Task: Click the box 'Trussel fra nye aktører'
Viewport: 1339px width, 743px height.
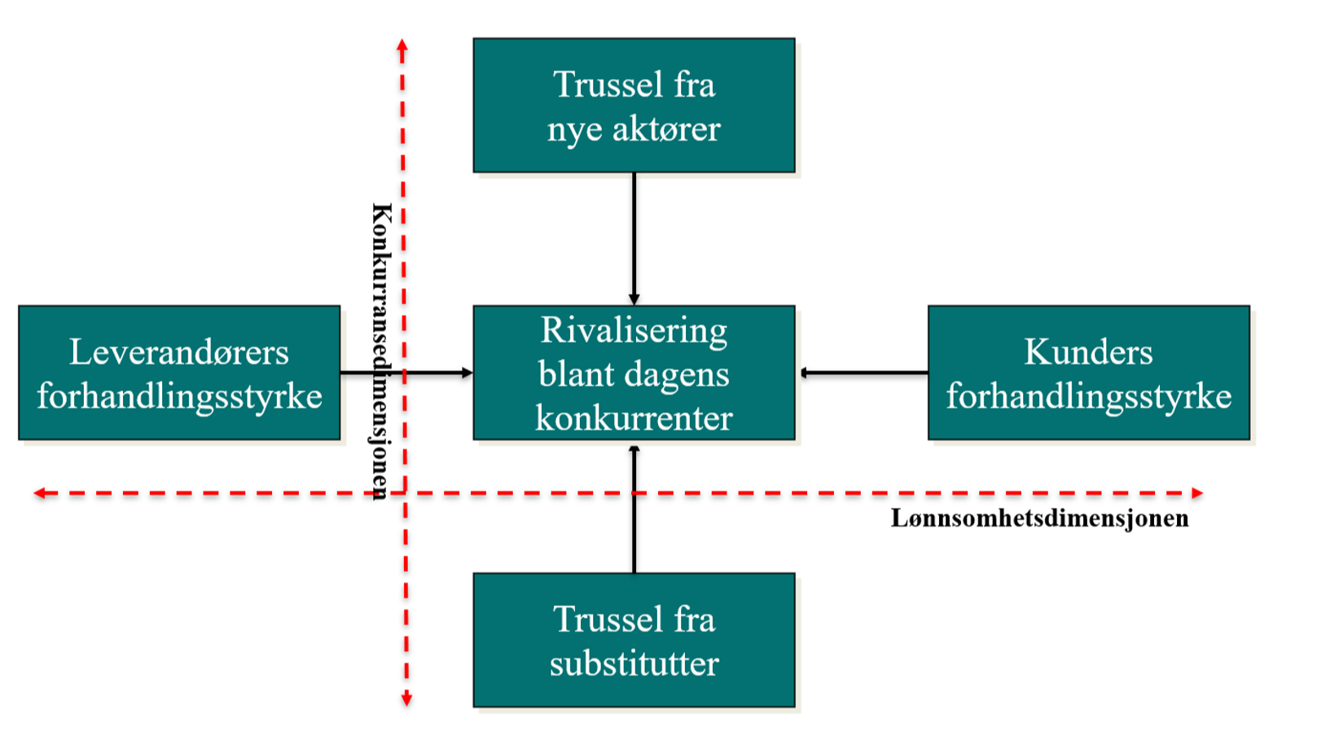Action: (x=634, y=106)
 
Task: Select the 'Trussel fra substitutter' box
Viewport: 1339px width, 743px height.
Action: (x=634, y=640)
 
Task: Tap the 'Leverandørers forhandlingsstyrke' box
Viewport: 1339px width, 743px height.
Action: (x=179, y=373)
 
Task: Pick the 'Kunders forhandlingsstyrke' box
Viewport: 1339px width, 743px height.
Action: (x=1088, y=373)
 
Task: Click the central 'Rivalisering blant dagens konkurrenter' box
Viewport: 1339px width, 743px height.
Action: (x=634, y=373)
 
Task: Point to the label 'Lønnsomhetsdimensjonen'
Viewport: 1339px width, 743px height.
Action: (x=1039, y=518)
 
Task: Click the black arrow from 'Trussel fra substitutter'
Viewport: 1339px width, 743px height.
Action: (x=634, y=509)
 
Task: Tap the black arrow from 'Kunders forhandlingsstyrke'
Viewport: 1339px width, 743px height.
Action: (x=863, y=373)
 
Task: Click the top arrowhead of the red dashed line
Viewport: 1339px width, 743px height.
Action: (x=402, y=46)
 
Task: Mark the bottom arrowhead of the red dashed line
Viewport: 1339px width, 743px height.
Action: (x=406, y=699)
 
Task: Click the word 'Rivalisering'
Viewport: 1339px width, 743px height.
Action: (x=634, y=331)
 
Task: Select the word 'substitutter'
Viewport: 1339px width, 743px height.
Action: (x=634, y=663)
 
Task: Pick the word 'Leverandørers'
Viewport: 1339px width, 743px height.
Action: (x=179, y=352)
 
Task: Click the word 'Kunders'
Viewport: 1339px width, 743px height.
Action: (x=1088, y=352)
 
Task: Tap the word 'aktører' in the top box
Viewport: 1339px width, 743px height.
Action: (x=666, y=129)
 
